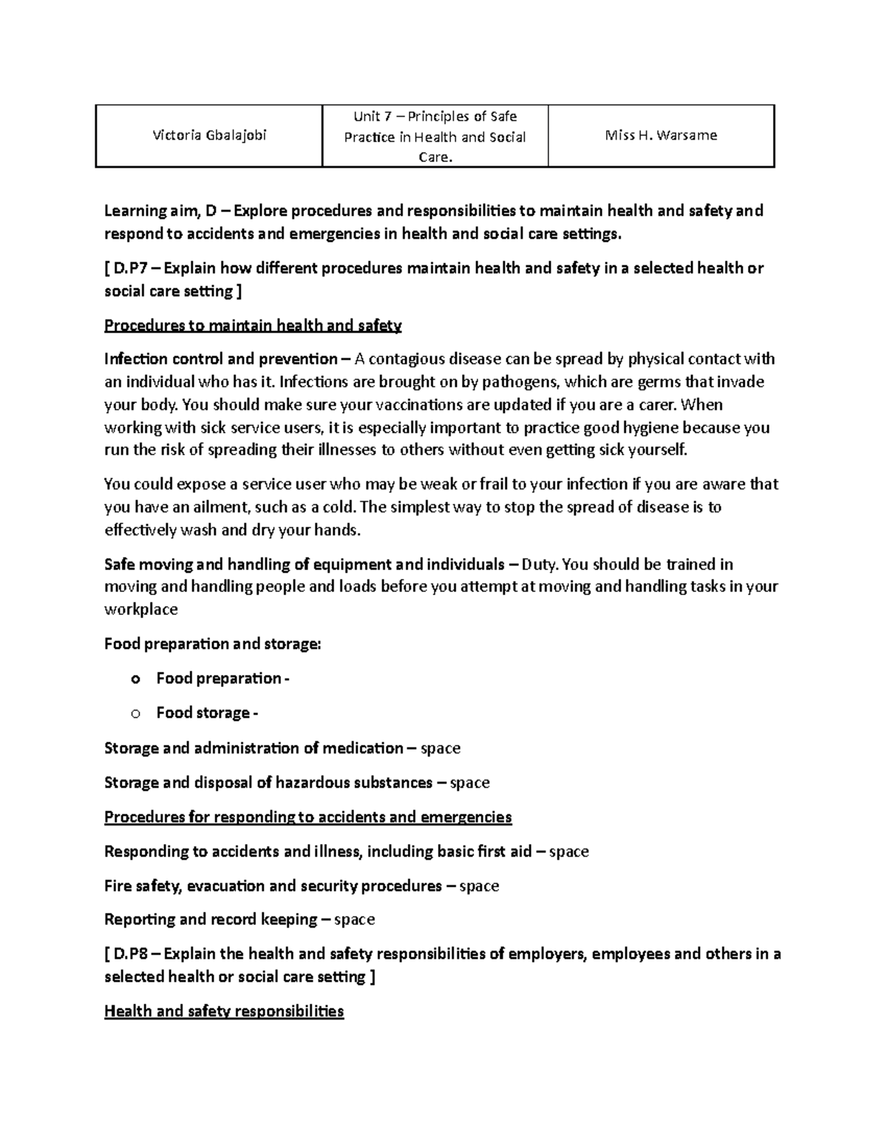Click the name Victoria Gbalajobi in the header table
(209, 135)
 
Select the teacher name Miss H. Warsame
(661, 135)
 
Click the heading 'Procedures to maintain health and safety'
(253, 325)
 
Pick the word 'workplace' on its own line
(141, 609)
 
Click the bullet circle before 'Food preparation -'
(135, 679)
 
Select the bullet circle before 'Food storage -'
(135, 713)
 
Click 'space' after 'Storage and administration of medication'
(440, 748)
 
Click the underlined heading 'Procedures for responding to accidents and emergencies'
(307, 817)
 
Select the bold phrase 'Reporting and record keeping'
(211, 920)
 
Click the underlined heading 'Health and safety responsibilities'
(224, 1011)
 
